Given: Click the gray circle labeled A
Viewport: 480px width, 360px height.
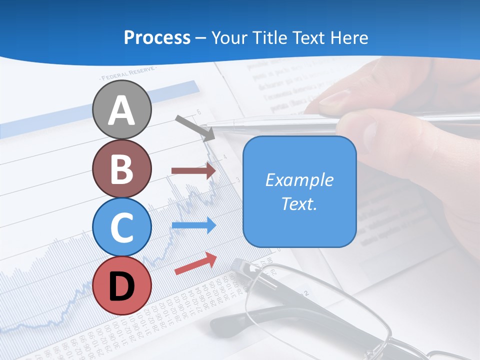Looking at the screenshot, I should pyautogui.click(x=122, y=109).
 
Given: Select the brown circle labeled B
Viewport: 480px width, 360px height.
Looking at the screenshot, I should pyautogui.click(x=122, y=168).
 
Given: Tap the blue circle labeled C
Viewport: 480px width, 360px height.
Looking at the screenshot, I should pyautogui.click(x=122, y=227).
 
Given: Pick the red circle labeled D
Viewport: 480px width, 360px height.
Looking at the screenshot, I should pyautogui.click(x=122, y=286).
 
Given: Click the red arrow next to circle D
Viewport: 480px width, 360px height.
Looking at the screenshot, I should pyautogui.click(x=195, y=263).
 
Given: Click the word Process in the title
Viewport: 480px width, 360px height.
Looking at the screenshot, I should pyautogui.click(x=157, y=37).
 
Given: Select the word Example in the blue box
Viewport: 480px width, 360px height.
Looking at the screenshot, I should pyautogui.click(x=299, y=180).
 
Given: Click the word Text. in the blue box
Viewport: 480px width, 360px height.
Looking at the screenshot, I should pyautogui.click(x=299, y=203).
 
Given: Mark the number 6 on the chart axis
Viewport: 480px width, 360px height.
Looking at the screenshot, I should pyautogui.click(x=198, y=111).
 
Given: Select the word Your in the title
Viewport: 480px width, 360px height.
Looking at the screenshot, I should pyautogui.click(x=229, y=37).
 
